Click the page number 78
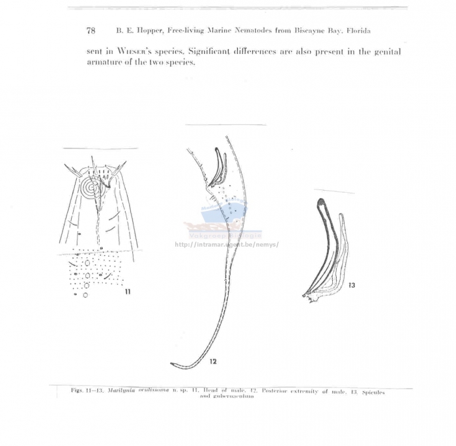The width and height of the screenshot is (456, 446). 91,31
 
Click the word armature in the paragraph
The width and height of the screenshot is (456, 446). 104,63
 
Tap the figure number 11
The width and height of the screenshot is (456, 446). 127,292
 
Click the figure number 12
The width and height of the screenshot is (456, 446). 213,360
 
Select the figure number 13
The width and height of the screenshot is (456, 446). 352,285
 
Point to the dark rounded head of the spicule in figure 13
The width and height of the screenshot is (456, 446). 320,203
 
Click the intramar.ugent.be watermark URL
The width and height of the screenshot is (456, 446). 227,245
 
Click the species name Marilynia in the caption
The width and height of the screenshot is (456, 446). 124,390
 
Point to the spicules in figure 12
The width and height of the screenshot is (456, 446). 218,168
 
